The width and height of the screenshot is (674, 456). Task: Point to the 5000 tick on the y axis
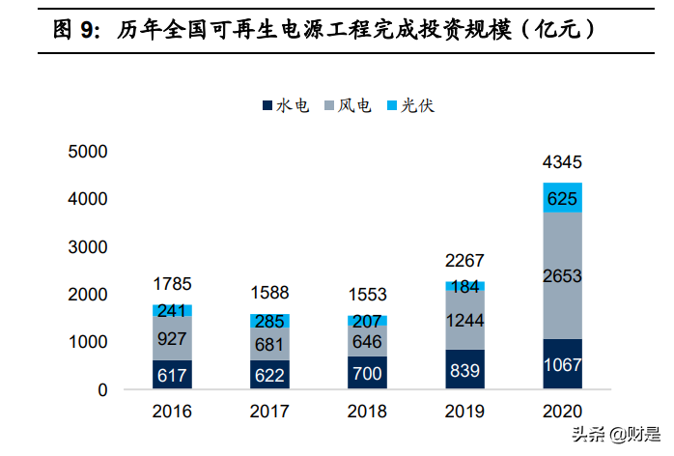tap(88, 152)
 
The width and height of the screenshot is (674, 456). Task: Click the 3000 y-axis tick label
tap(88, 246)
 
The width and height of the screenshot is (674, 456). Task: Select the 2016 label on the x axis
tap(172, 412)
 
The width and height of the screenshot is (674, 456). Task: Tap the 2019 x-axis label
tap(464, 412)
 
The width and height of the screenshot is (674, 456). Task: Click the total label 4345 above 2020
tap(562, 162)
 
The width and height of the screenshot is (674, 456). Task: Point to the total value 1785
tap(172, 284)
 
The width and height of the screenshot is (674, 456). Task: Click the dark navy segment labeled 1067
tap(562, 364)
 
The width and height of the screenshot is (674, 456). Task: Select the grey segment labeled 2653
tap(562, 275)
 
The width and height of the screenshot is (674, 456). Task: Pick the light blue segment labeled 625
tap(562, 197)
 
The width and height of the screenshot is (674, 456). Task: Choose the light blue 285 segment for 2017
tap(269, 321)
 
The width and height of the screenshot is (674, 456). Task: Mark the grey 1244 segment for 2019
tap(464, 320)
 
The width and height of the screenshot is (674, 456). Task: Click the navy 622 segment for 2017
tap(269, 375)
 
